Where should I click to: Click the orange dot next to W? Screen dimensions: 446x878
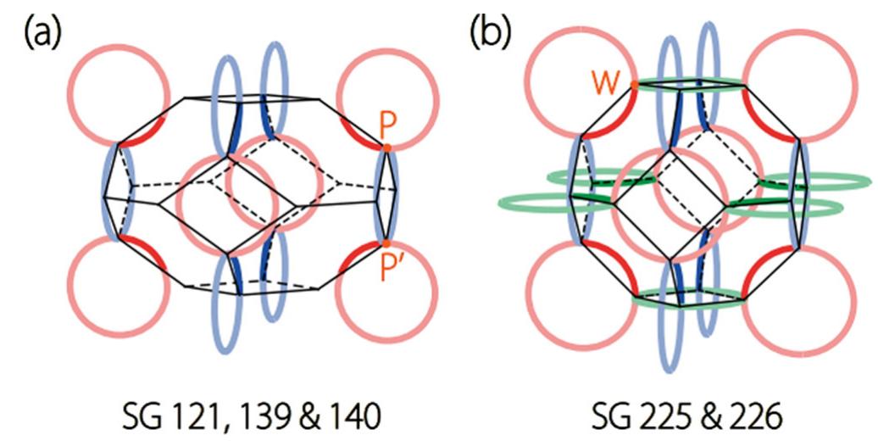(635, 85)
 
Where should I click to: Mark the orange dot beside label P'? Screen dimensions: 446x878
(386, 244)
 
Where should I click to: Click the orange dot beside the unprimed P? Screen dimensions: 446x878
(386, 148)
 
